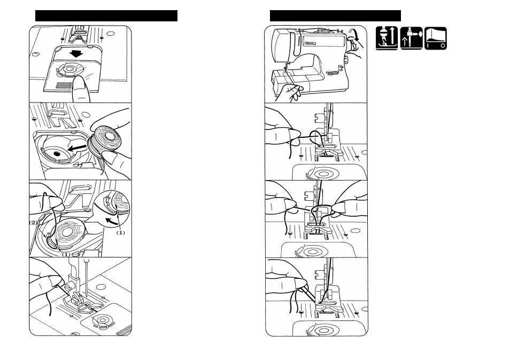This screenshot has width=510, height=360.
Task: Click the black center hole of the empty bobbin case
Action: (x=57, y=154)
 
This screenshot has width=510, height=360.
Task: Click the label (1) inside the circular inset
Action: (x=120, y=233)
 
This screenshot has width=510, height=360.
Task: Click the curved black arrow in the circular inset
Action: (x=111, y=220)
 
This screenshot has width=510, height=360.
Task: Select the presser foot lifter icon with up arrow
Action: (x=386, y=38)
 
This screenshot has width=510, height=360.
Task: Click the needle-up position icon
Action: (x=411, y=38)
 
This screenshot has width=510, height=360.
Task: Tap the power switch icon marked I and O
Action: (x=436, y=38)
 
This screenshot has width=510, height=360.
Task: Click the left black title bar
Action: (x=106, y=15)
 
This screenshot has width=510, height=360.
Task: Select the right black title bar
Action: (x=335, y=15)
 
